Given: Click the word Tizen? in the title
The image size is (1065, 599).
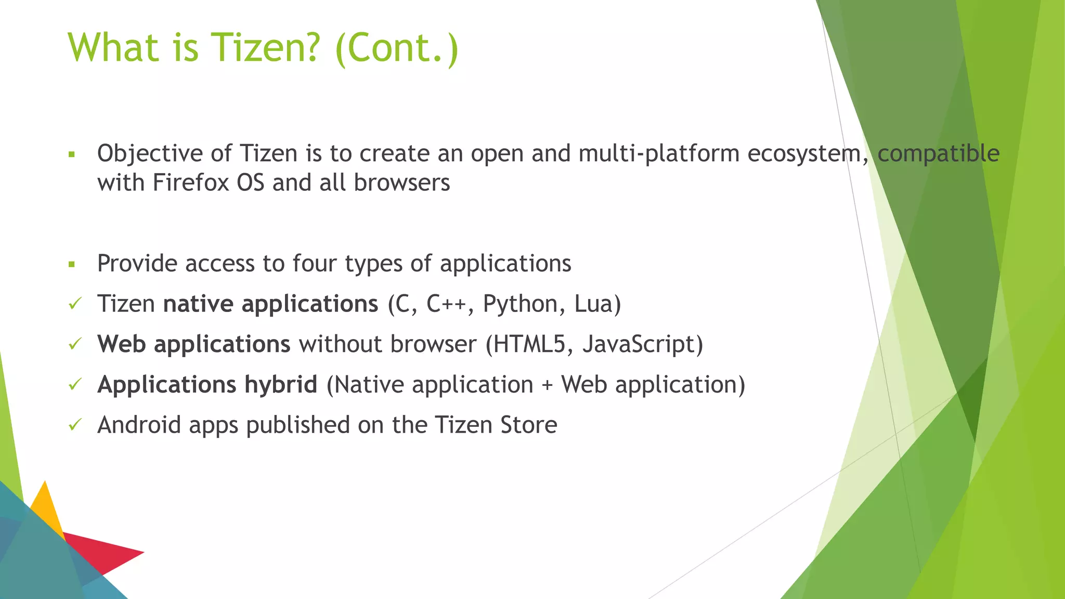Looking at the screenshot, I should pyautogui.click(x=264, y=48).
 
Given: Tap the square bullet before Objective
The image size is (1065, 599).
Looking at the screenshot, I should pyautogui.click(x=72, y=154).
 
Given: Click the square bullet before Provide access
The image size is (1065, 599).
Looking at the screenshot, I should pyautogui.click(x=72, y=265).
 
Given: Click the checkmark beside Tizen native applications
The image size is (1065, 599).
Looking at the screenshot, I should pyautogui.click(x=75, y=304).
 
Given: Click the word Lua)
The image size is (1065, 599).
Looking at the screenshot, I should pyautogui.click(x=598, y=304).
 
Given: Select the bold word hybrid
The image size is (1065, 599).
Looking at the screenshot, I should pyautogui.click(x=281, y=385).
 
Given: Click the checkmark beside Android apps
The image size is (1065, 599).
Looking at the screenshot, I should pyautogui.click(x=75, y=425).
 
